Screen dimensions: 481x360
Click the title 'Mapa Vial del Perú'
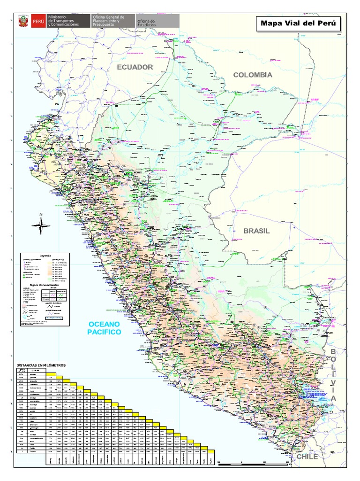[x=298, y=24]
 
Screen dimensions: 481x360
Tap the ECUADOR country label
[x=135, y=67]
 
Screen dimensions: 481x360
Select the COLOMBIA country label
[x=253, y=75]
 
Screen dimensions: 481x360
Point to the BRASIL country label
[x=256, y=231]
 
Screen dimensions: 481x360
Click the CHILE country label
[x=307, y=457]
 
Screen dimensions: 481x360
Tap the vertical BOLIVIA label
[x=333, y=375]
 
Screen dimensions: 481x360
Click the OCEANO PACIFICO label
[x=104, y=328]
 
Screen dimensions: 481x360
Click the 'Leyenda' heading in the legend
[x=45, y=256]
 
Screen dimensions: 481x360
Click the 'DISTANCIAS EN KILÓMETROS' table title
[x=42, y=365]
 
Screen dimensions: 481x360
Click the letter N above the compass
[x=41, y=215]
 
